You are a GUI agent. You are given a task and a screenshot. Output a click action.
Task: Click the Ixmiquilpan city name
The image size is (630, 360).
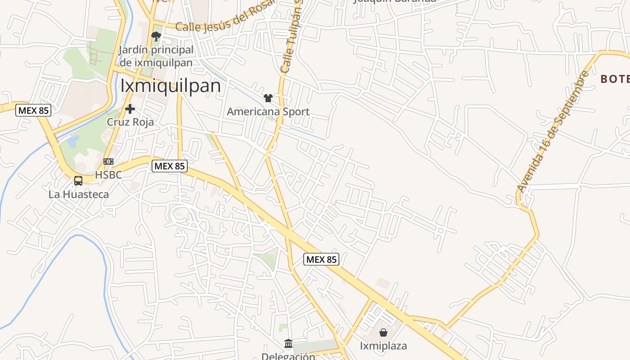(x=171, y=86)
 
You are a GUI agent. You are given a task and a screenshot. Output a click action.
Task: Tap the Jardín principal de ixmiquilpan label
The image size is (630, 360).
(x=156, y=56)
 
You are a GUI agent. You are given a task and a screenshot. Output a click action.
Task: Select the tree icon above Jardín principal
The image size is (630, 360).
(x=156, y=36)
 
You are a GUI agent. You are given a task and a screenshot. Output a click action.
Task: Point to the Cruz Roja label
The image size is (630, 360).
(x=130, y=122)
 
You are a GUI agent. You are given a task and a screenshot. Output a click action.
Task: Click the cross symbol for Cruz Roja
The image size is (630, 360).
(x=130, y=109)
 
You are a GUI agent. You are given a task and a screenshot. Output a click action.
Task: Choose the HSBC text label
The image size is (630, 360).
(x=108, y=175)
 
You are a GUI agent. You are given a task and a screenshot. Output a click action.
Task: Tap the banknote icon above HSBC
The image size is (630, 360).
(x=108, y=161)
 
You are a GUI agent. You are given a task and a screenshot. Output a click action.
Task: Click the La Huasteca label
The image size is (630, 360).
(x=79, y=194)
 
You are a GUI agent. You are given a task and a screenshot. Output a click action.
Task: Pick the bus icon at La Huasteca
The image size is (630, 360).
(x=78, y=181)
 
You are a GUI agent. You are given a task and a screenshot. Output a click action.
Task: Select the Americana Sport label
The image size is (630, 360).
(x=268, y=111)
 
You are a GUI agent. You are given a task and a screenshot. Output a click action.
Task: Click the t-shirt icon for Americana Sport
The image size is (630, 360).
(x=268, y=98)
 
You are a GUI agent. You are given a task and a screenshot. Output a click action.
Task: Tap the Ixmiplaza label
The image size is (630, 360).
(x=383, y=346)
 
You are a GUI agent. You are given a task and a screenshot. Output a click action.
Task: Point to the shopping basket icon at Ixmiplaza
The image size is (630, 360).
(x=383, y=333)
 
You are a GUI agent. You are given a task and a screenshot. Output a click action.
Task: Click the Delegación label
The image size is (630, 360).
(x=288, y=356)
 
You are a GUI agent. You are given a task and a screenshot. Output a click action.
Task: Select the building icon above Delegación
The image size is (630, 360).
(x=288, y=344)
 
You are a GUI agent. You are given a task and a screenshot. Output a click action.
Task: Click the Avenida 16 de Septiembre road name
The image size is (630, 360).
(x=553, y=132)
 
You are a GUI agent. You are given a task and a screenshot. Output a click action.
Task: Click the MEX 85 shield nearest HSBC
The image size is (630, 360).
(x=169, y=166)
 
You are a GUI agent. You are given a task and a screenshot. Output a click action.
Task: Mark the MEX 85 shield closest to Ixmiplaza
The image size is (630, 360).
(x=321, y=259)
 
